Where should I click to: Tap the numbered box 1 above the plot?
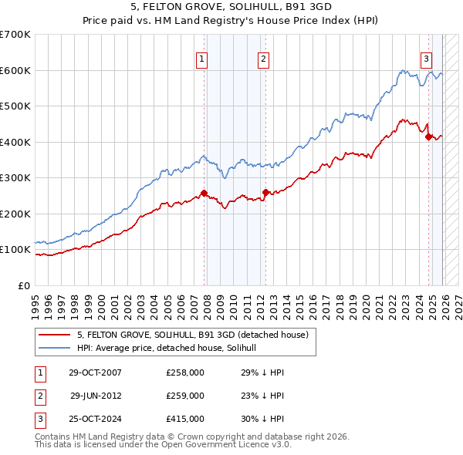pos(201,58)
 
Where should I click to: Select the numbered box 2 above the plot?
pos(263,58)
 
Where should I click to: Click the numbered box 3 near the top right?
pos(426,58)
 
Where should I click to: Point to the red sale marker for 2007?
pos(204,193)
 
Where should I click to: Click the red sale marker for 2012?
pos(265,192)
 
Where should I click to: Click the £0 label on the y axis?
pos(23,285)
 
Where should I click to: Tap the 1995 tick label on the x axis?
pos(35,301)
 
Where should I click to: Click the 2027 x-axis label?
pos(457,301)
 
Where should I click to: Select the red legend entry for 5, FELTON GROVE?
pos(192,335)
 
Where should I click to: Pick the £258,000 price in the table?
pos(185,372)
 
